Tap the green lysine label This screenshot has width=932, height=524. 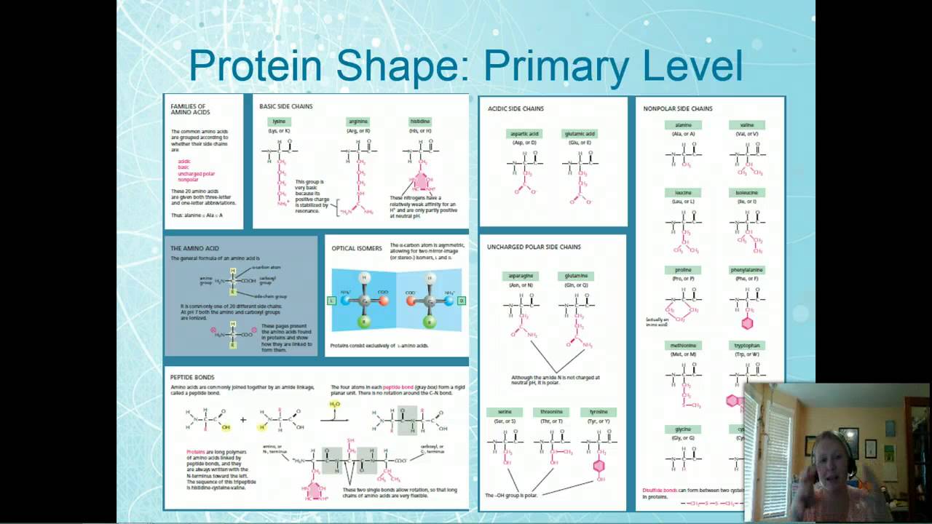pyautogui.click(x=279, y=122)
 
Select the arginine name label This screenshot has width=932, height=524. pyautogui.click(x=358, y=122)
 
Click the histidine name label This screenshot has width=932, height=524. pyautogui.click(x=420, y=122)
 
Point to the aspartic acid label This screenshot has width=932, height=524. pyautogui.click(x=524, y=134)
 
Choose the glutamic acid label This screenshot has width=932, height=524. pyautogui.click(x=580, y=134)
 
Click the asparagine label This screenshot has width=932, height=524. pyautogui.click(x=521, y=276)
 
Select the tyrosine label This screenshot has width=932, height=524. pyautogui.click(x=599, y=412)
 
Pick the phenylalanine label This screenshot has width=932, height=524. pyautogui.click(x=746, y=270)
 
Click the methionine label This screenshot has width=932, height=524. pyautogui.click(x=683, y=345)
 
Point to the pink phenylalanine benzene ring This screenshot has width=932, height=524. pyautogui.click(x=746, y=323)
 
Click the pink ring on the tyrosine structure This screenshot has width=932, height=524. pyautogui.click(x=599, y=466)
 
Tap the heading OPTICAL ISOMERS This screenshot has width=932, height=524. pyautogui.click(x=357, y=248)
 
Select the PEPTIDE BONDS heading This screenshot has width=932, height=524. pyautogui.click(x=192, y=377)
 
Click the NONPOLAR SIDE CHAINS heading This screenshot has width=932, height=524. pyautogui.click(x=678, y=109)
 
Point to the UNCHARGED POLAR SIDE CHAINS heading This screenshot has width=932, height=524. pyautogui.click(x=534, y=247)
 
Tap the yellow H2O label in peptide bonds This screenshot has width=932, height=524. pyautogui.click(x=335, y=404)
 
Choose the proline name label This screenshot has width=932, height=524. pyautogui.click(x=683, y=270)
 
